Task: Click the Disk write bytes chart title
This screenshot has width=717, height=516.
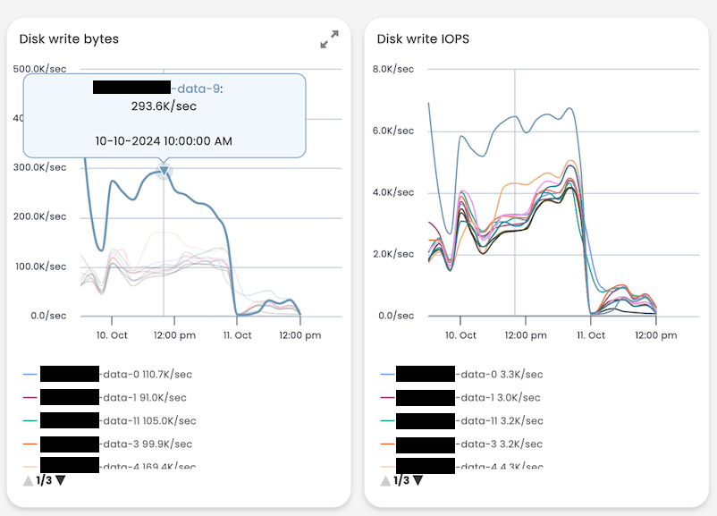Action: point(69,38)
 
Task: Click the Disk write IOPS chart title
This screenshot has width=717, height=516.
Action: point(423,38)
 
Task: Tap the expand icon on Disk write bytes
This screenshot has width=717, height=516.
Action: point(329,39)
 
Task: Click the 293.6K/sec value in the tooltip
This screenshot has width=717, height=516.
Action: point(164,106)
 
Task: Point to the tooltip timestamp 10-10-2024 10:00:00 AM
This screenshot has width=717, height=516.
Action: point(164,140)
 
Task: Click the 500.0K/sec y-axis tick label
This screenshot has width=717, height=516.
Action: point(38,69)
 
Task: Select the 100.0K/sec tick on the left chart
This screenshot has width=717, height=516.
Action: point(38,266)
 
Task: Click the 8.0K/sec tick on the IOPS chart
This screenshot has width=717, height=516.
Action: point(393,69)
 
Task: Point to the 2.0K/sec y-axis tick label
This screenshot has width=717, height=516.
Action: point(393,254)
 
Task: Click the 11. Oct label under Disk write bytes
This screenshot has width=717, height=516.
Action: point(236,335)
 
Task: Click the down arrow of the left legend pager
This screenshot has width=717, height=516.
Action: point(61,480)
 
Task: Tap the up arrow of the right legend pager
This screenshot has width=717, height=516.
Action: point(385,480)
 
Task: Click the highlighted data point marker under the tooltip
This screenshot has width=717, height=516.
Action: point(164,171)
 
